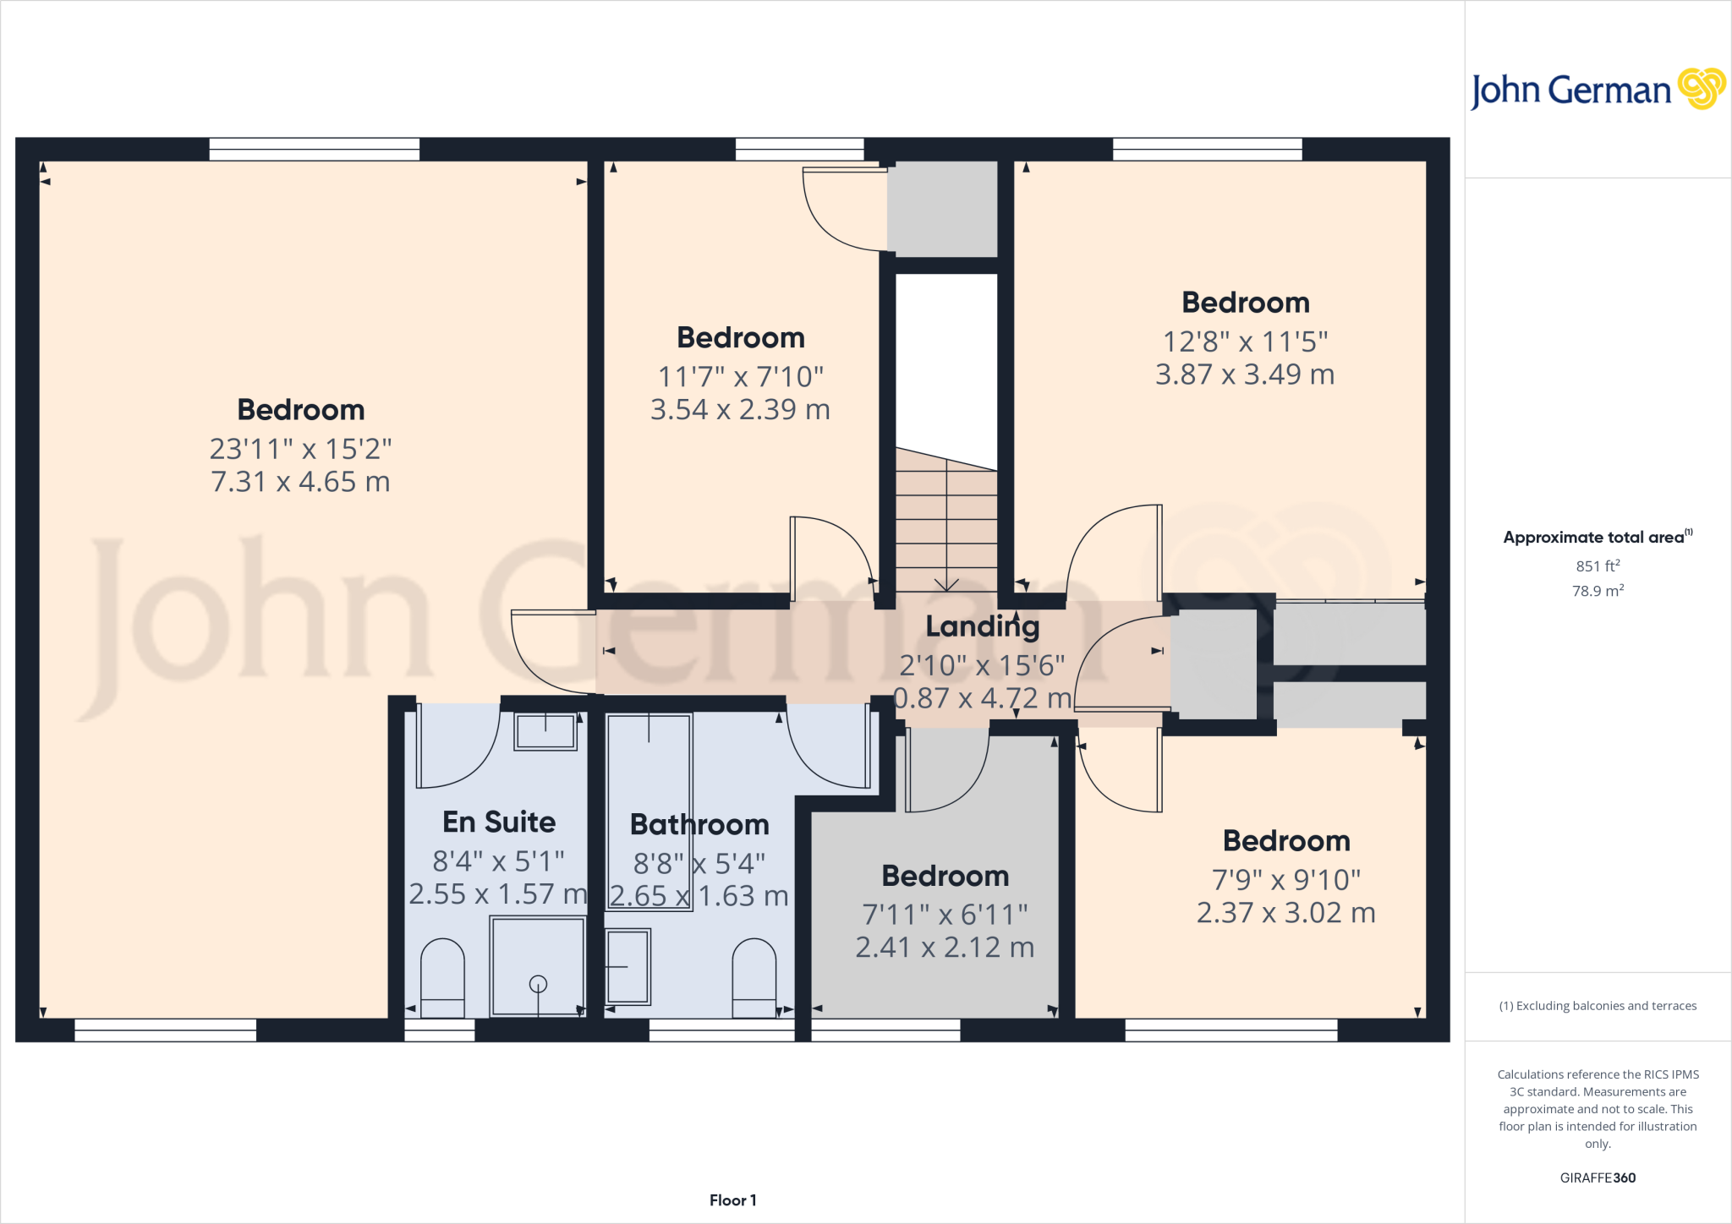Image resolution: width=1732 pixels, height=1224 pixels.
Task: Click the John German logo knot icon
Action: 1701,89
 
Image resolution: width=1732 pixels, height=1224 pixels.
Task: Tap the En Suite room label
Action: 499,822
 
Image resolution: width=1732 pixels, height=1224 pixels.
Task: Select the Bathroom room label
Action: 699,824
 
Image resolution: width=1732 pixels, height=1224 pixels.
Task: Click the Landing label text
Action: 982,626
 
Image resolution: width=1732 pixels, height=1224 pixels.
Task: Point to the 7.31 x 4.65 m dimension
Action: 300,482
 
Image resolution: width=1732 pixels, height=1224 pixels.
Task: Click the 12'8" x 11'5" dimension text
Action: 1245,342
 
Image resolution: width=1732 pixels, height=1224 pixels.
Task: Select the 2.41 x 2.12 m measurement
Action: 945,948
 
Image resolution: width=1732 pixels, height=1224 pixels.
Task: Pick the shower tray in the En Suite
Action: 538,965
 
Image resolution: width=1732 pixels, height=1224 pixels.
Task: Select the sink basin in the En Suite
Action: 545,731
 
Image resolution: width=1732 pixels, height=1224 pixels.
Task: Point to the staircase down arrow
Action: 945,583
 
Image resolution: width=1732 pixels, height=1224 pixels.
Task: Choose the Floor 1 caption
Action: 732,1200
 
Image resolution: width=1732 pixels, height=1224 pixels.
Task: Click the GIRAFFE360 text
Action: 1598,1178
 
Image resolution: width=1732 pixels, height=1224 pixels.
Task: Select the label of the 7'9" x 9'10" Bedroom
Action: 1286,841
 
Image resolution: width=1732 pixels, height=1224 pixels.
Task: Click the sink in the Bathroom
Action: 628,966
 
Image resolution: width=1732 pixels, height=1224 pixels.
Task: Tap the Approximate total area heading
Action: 1594,538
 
